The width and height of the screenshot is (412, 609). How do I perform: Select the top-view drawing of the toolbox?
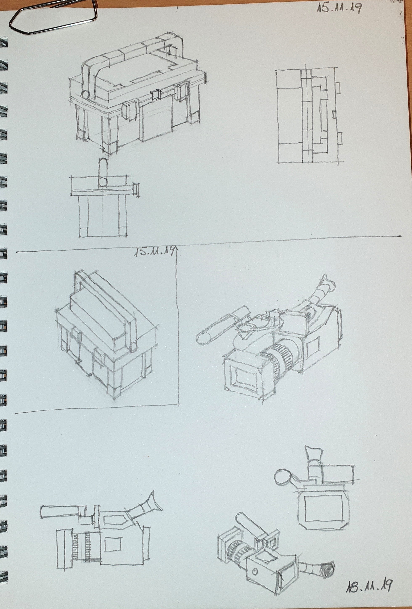pyautogui.click(x=309, y=115)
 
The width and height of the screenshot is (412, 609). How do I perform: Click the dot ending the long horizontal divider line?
pyautogui.click(x=399, y=236)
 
